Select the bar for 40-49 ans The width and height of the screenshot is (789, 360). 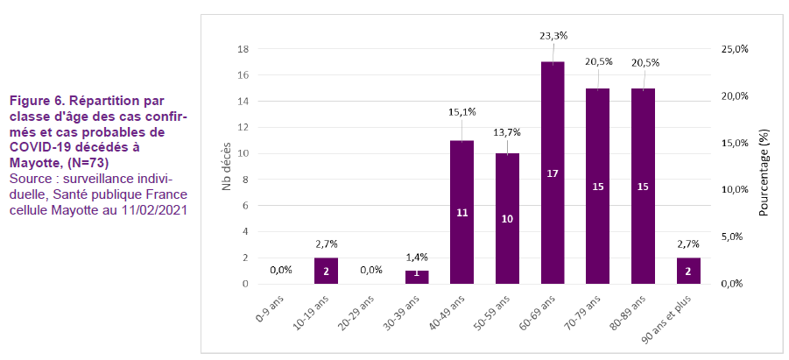(x=461, y=212)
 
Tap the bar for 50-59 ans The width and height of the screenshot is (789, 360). (x=507, y=219)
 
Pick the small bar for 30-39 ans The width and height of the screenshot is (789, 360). (x=417, y=277)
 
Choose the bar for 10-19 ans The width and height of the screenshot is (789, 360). (x=326, y=271)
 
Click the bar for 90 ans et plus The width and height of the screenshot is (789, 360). (x=688, y=271)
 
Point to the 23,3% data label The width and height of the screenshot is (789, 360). (x=554, y=36)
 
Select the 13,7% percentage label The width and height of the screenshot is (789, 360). (x=507, y=132)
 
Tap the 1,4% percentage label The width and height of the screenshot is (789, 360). (x=417, y=257)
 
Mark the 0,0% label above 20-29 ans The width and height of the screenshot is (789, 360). (x=371, y=270)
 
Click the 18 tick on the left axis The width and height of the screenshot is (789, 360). (x=244, y=49)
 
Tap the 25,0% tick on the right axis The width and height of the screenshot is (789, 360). (x=734, y=49)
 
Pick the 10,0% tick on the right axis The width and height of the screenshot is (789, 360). (x=734, y=190)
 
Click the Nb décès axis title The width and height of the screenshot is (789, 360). (x=226, y=166)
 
